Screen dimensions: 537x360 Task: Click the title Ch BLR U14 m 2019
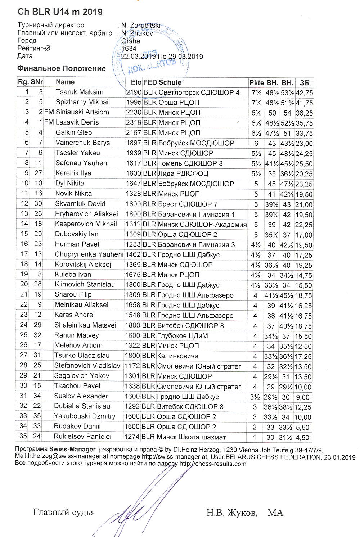click(x=60, y=12)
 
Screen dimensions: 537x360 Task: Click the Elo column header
click(x=136, y=82)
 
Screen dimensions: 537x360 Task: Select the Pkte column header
click(x=256, y=82)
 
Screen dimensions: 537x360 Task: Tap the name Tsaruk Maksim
click(x=79, y=92)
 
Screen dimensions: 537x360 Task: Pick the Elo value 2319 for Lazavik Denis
click(x=133, y=122)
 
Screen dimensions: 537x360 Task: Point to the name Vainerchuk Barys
click(x=82, y=143)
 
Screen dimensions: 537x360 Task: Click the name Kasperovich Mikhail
click(x=86, y=224)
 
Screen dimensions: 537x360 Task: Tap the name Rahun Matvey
click(x=76, y=335)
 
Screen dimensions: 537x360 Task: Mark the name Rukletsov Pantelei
click(x=82, y=437)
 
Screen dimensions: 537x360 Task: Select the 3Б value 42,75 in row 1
click(x=304, y=93)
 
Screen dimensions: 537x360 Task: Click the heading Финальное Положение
click(x=62, y=68)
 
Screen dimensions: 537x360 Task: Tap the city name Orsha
click(x=131, y=41)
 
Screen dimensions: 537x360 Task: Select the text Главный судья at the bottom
click(x=64, y=512)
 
